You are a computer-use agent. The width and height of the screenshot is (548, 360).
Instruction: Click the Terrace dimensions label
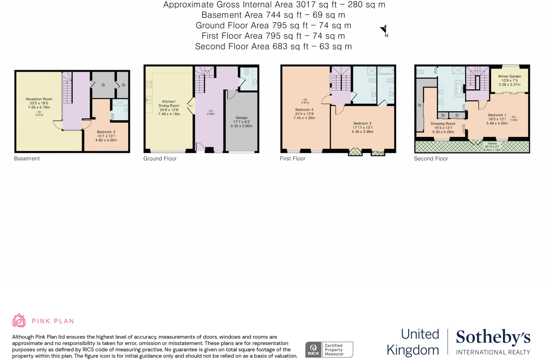point(492,147)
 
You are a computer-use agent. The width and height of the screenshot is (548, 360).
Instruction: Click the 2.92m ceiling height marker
point(211,113)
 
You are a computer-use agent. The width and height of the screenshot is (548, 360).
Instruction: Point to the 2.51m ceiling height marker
point(39,114)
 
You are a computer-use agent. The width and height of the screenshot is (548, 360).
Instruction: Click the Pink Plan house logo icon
point(19,320)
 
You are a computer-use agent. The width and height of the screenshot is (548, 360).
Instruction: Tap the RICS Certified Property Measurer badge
point(329,350)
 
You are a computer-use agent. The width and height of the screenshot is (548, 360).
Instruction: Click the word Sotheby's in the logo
point(493,337)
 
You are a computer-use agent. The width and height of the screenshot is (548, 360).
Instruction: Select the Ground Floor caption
point(160,159)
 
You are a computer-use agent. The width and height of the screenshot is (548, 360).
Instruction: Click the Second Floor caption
point(431,159)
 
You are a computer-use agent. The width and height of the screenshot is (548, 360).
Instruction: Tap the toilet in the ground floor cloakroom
point(246,71)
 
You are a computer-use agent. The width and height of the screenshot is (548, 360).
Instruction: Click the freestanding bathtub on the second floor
point(459,89)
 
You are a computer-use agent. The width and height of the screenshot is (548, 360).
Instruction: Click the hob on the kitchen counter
point(149,85)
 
